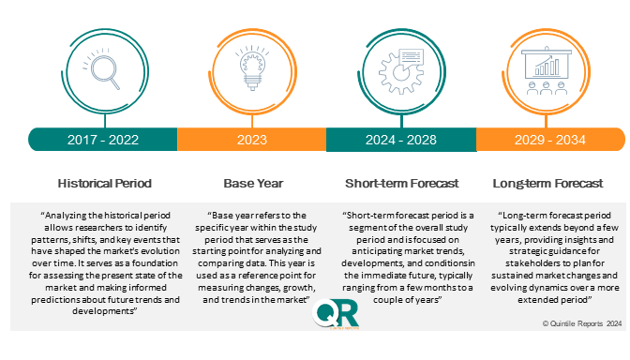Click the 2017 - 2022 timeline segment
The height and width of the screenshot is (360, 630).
point(103,140)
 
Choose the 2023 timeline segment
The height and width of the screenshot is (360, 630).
point(250,140)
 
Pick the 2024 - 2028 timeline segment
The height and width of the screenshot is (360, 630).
point(400,140)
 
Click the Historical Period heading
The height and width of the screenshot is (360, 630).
point(103,183)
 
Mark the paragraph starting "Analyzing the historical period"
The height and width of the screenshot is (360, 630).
point(103,262)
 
